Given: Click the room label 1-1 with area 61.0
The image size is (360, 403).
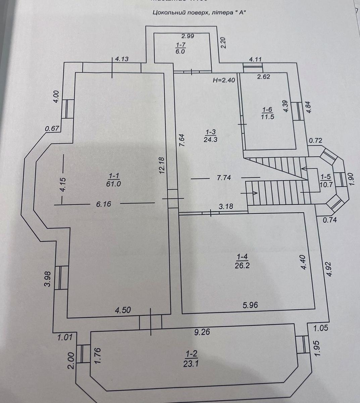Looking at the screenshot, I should pos(114,180).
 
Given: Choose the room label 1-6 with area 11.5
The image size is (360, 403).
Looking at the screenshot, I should pos(267,113).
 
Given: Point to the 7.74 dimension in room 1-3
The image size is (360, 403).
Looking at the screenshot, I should pos(224,178).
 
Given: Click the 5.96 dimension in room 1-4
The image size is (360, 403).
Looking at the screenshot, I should pos(250,305).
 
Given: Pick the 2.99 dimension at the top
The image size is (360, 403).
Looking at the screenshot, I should pos(188,36).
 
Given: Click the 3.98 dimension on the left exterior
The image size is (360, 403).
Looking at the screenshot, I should pos(48,279).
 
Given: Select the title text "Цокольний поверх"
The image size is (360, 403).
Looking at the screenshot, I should pos(177,13).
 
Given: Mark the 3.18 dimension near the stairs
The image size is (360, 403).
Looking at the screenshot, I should pos(226,206).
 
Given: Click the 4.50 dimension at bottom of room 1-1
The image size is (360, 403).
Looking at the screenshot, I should pos(123,310).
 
